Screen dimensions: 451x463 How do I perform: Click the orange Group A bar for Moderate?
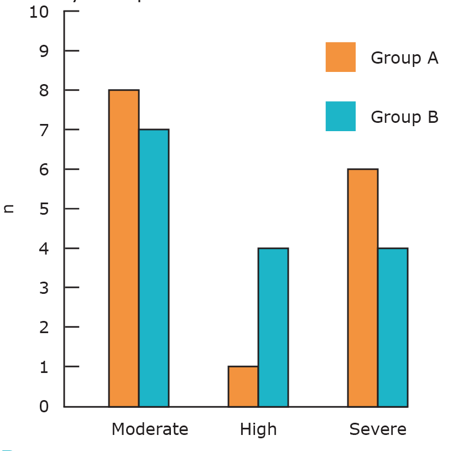coord(124,248)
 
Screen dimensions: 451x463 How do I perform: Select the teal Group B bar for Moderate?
coord(154,268)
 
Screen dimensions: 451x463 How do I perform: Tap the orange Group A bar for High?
coord(243,386)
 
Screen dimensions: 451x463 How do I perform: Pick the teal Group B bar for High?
coord(273,327)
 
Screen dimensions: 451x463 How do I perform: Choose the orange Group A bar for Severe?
coord(363,288)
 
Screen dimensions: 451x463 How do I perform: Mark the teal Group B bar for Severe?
coord(393,327)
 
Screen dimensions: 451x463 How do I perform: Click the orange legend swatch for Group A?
coord(341,57)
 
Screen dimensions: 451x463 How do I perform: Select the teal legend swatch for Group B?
coord(341,116)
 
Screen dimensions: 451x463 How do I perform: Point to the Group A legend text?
coord(404,58)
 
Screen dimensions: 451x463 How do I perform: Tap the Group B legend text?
coord(404,117)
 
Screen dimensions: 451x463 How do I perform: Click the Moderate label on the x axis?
coord(150,429)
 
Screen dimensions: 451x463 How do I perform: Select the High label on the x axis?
coord(258,429)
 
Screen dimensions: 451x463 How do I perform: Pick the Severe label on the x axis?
coord(378,429)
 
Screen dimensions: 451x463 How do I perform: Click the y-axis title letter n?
coord(8,209)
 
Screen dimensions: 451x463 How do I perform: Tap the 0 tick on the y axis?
coord(44,406)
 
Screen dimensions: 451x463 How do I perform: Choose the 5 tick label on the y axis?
coord(44,209)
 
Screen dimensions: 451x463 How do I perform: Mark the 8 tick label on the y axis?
coord(44,91)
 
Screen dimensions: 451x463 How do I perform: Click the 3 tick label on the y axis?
coord(44,288)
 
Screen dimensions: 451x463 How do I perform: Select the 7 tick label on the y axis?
coord(44,130)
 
